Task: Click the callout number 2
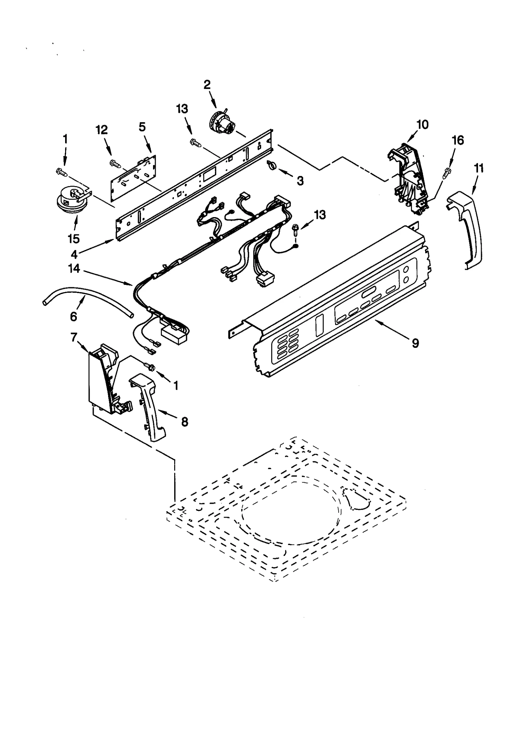pyautogui.click(x=207, y=85)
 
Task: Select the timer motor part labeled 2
pyautogui.click(x=223, y=124)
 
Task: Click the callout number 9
pyautogui.click(x=415, y=343)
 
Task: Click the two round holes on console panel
pyautogui.click(x=406, y=274)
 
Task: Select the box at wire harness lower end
pyautogui.click(x=174, y=333)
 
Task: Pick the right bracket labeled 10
pyautogui.click(x=407, y=179)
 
